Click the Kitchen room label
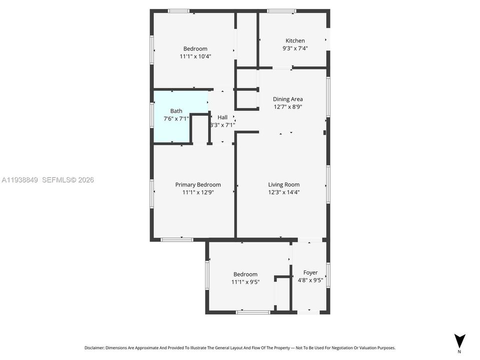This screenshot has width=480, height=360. [295, 40]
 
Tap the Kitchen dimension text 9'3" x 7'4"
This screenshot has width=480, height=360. [295, 48]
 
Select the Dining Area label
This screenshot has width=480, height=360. [287, 99]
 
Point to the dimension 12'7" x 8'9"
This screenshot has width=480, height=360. [287, 106]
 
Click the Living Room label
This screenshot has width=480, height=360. [283, 184]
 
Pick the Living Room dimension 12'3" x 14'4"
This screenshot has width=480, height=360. [283, 192]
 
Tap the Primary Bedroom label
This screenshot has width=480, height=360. [197, 184]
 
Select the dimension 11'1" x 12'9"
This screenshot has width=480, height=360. [197, 192]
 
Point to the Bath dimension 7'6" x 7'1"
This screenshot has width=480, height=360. [176, 119]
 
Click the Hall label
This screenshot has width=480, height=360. [222, 117]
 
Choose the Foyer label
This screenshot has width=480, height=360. [310, 272]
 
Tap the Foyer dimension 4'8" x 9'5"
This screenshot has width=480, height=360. [310, 280]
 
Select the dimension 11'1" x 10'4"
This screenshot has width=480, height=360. [195, 56]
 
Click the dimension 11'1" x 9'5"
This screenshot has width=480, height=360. [245, 282]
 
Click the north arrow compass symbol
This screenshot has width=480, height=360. [459, 341]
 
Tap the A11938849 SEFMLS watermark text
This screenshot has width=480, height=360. [48, 180]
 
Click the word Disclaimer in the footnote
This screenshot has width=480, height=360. [94, 347]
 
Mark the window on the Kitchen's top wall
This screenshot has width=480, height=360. [281, 11]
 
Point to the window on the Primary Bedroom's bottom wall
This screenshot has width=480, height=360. [176, 239]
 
